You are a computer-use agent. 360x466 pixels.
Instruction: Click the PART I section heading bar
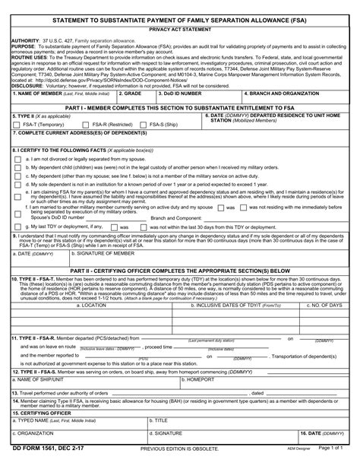click(180, 109)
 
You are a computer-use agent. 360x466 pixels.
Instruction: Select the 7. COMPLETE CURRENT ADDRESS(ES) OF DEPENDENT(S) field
click(180, 141)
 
